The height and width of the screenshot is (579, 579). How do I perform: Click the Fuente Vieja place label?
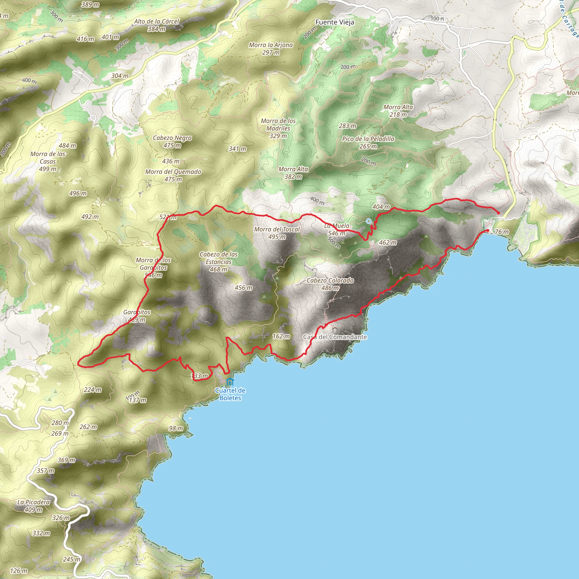click(334, 22)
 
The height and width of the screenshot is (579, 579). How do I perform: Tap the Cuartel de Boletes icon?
click(230, 382)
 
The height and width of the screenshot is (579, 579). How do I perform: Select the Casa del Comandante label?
click(335, 337)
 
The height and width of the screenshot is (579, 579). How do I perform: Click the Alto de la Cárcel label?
click(156, 25)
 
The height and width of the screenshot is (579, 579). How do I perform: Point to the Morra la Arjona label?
click(271, 49)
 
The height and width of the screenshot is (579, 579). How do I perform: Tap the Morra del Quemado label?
click(173, 175)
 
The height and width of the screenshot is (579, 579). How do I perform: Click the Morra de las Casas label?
click(48, 161)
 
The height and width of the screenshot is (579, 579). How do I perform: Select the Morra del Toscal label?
click(276, 233)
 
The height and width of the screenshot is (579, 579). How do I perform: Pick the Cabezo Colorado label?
click(330, 284)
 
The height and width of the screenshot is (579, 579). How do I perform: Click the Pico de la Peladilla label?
click(368, 142)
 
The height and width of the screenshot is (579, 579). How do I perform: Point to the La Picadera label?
click(33, 505)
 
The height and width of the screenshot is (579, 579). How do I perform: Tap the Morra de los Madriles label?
click(278, 128)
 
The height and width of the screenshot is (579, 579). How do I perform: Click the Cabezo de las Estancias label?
click(219, 262)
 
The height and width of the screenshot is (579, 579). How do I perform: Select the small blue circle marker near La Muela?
click(368, 221)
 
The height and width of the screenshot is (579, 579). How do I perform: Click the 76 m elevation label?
click(502, 232)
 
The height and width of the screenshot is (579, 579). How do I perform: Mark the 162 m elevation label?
click(281, 336)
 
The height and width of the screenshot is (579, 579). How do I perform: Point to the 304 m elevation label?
click(120, 76)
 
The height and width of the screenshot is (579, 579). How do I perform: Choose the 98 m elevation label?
click(176, 428)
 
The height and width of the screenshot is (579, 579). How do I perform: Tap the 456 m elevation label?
click(243, 288)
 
